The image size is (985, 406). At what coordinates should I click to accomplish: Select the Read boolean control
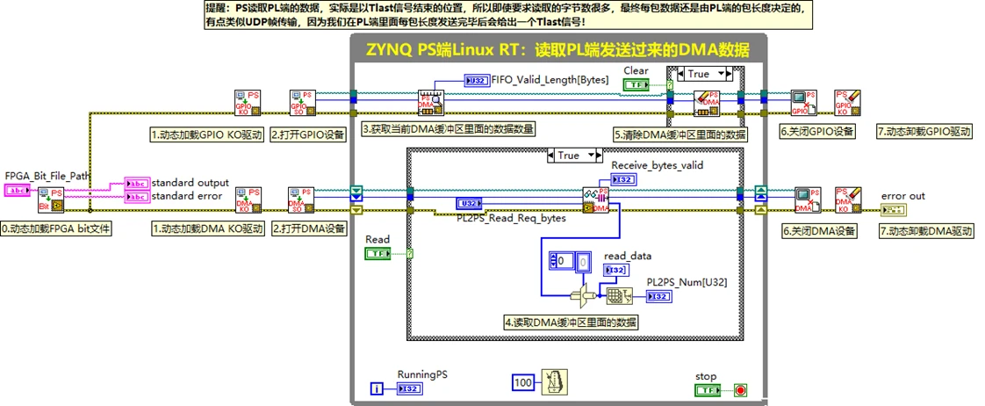377,254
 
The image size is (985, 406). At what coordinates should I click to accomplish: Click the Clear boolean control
636,84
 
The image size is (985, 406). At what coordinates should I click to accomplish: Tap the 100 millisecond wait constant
524,383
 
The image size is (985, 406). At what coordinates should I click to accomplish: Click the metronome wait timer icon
553,383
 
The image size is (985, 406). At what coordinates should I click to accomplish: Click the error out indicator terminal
893,210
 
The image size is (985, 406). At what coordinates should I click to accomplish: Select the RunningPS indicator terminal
409,388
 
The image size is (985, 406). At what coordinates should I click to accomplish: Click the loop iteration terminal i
377,388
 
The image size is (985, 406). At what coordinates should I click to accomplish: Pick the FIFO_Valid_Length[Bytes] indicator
477,81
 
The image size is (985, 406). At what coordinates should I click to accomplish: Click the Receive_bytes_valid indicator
623,179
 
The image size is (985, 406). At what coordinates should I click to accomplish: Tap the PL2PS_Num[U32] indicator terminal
658,296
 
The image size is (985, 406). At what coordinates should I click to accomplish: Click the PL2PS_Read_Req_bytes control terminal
469,204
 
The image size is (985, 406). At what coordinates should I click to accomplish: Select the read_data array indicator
616,270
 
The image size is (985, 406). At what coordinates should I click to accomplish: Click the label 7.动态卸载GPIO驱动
924,132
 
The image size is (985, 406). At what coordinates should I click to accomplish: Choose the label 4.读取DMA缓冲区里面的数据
571,322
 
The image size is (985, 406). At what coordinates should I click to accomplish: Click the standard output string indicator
138,183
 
